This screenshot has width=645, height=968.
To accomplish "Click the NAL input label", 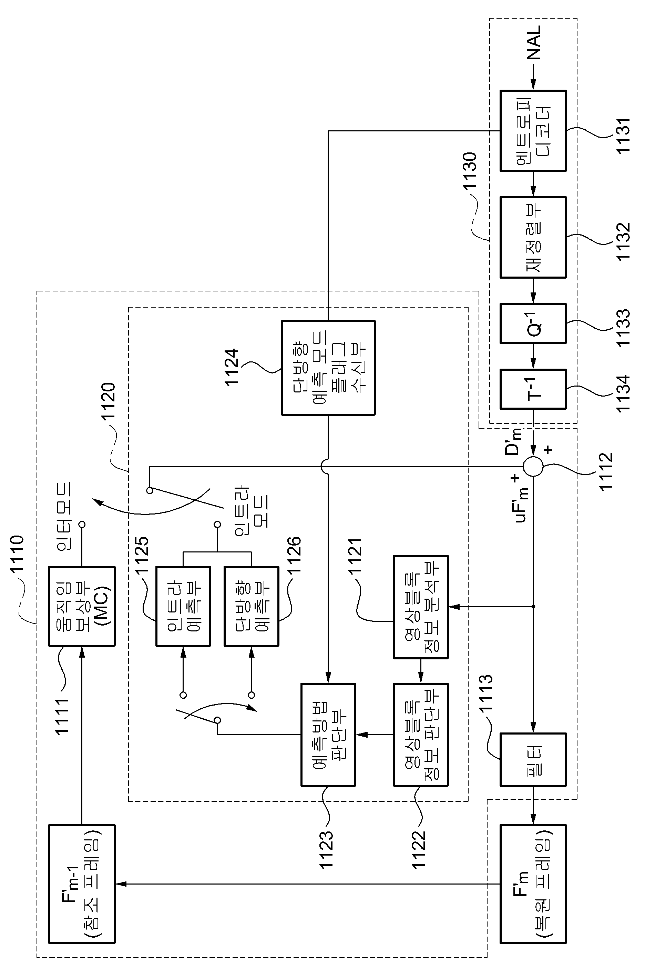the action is [x=534, y=42].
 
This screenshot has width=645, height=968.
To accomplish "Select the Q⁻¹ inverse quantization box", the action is [x=533, y=323].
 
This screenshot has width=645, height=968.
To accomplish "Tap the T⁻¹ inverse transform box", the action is [x=533, y=389].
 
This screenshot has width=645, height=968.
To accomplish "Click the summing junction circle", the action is [x=533, y=467].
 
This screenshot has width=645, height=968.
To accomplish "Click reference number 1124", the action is [x=232, y=367].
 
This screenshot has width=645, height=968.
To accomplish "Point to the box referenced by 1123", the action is [x=328, y=735].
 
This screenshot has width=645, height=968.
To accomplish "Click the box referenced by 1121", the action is [x=421, y=607].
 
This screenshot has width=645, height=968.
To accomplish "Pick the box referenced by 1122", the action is [x=421, y=735].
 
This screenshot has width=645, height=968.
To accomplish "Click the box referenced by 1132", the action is [x=533, y=237].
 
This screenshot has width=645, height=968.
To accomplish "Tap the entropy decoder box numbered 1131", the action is [x=533, y=130].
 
